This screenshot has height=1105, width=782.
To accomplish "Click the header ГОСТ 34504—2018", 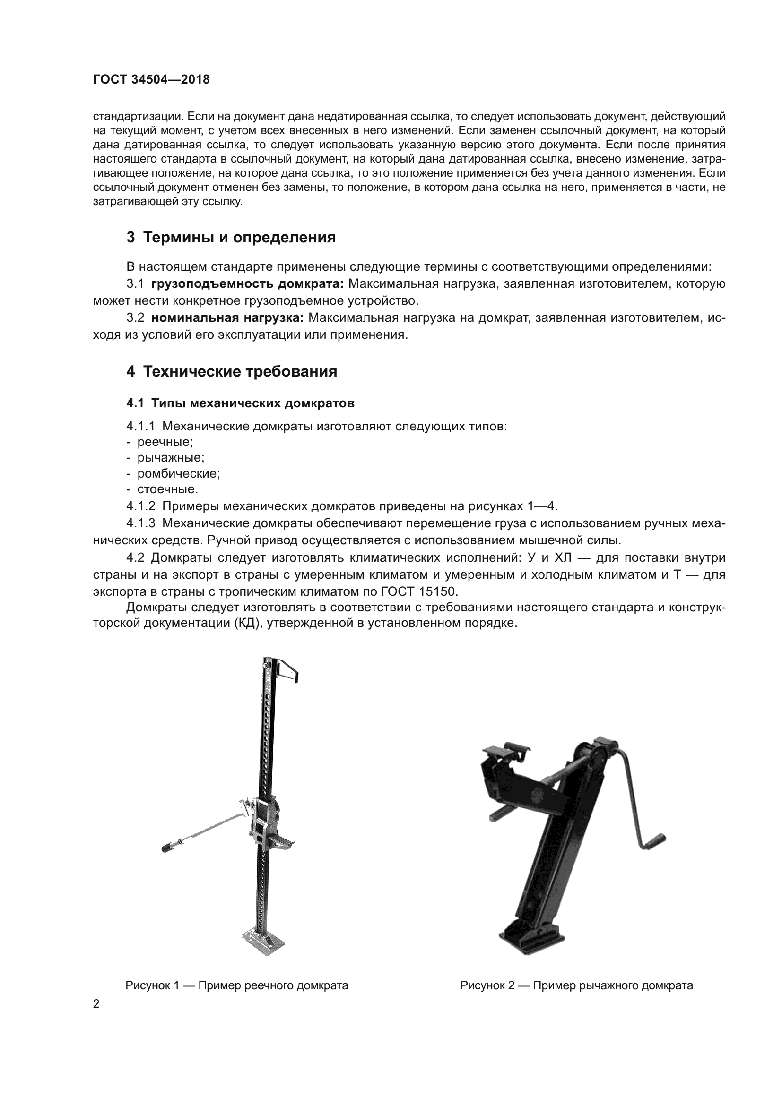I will [151, 80].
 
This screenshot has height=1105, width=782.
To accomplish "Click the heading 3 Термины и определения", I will [231, 237].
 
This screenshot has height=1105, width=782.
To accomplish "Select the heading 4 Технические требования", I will [232, 371].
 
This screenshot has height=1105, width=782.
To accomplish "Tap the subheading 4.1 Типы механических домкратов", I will [240, 403].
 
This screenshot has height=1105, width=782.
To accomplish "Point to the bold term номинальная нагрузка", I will [227, 317].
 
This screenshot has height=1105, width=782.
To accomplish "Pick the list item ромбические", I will [178, 473].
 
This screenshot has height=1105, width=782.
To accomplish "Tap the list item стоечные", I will [167, 489].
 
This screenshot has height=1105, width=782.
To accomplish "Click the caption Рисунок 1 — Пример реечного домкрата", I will [236, 985].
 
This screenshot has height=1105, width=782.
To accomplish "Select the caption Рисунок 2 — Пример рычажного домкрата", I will [576, 985].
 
